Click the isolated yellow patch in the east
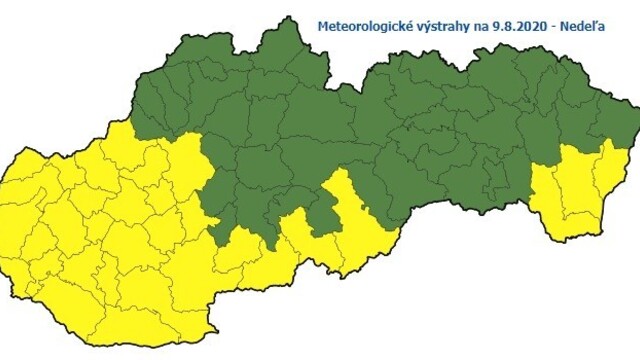pyautogui.click(x=575, y=195)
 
